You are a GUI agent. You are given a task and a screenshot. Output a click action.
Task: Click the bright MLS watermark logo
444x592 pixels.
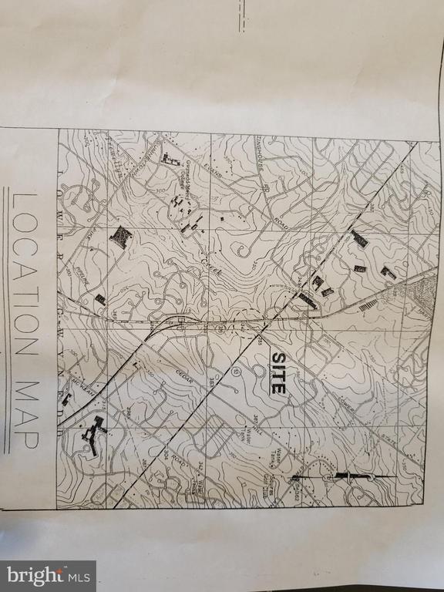click(x=48, y=575)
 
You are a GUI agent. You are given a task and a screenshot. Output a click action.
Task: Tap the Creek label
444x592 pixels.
click(x=211, y=264)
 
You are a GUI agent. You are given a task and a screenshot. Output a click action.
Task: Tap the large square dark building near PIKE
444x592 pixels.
click(x=120, y=237)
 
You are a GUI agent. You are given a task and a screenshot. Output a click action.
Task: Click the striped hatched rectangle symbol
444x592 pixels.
click(x=369, y=304)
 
